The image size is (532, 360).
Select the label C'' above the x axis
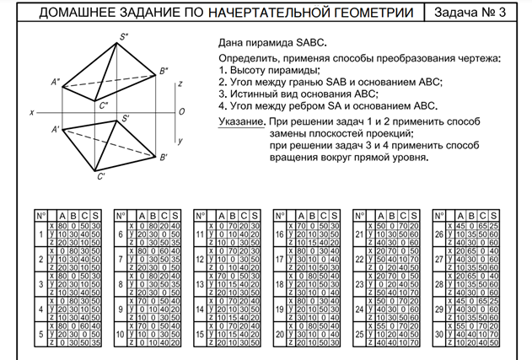103,106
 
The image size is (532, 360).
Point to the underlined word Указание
238,121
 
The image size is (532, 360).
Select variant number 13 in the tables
200,284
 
